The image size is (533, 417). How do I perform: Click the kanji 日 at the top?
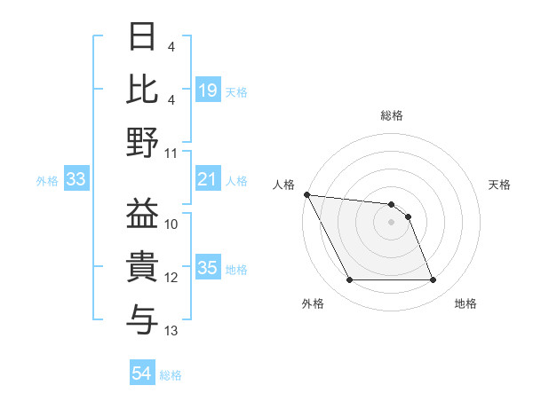[x=143, y=38]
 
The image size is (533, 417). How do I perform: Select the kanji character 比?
[x=143, y=89]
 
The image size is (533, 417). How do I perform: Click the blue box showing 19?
[x=207, y=90]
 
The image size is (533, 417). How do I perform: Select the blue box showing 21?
[x=207, y=180]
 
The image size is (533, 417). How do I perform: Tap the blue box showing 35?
[x=207, y=269]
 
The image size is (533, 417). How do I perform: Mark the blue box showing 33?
[x=76, y=180]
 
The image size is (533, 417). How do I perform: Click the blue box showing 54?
[x=142, y=374]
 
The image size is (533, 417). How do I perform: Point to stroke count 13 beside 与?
[x=171, y=331]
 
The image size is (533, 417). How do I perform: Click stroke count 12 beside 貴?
[x=171, y=278]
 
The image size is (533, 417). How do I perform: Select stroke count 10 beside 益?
[x=171, y=224]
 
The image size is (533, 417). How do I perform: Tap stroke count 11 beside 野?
[x=171, y=153]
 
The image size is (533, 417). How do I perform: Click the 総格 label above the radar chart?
[x=392, y=115]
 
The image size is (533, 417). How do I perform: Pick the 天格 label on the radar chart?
[x=499, y=185]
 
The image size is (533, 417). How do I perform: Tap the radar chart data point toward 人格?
[x=306, y=194]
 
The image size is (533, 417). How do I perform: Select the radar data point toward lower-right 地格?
[x=434, y=280]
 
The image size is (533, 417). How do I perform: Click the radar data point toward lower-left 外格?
[x=349, y=280]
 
